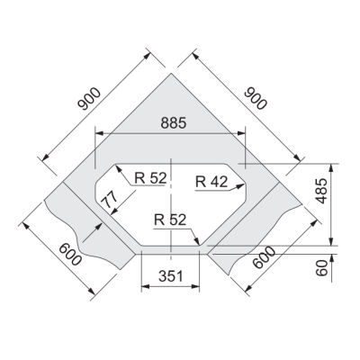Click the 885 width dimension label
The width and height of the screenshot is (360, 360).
click(174, 123)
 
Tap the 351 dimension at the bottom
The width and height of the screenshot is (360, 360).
click(171, 276)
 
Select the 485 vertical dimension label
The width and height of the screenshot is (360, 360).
click(321, 191)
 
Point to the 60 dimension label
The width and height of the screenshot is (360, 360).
click(321, 268)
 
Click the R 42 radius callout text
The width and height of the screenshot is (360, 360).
click(211, 182)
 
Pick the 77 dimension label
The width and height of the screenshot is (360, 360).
click(108, 200)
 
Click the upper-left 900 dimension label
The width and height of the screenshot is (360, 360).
click(89, 99)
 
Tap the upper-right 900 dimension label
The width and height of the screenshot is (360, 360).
click(255, 98)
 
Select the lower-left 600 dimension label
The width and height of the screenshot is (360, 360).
click(70, 255)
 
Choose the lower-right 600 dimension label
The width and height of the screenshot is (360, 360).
click(264, 257)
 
